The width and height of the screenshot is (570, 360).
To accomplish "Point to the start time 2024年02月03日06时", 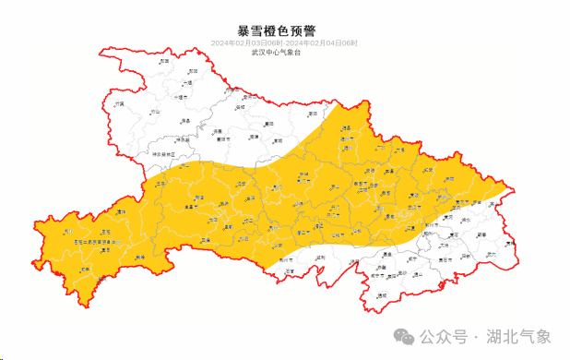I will [246, 43].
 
